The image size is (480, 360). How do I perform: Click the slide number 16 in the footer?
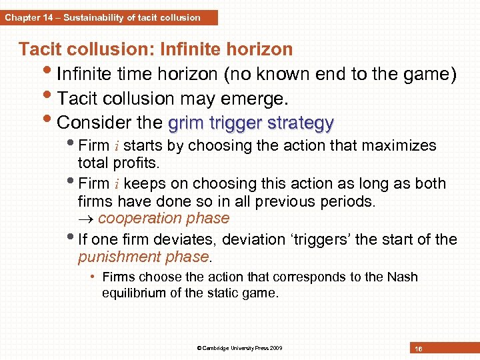(x=418, y=349)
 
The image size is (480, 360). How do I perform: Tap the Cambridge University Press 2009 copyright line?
(x=239, y=348)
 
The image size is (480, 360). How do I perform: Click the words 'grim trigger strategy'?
(x=251, y=123)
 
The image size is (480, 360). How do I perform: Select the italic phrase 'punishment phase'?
(x=143, y=257)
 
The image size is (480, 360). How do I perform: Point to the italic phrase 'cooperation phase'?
(x=163, y=218)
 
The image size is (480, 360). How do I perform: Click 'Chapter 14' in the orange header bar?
(x=29, y=17)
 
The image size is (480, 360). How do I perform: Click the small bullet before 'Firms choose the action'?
(x=94, y=277)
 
